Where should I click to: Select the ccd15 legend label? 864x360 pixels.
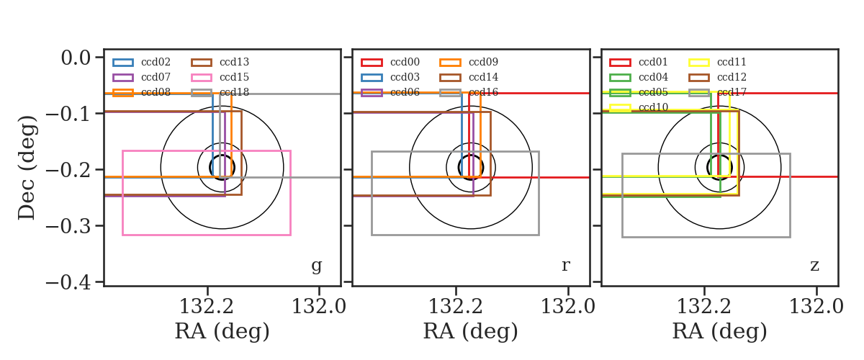pyautogui.click(x=234, y=77)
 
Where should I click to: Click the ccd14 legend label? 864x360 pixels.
pyautogui.click(x=483, y=77)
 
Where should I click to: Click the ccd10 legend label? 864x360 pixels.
pyautogui.click(x=653, y=107)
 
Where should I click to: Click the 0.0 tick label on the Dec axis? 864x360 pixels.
pyautogui.click(x=76, y=58)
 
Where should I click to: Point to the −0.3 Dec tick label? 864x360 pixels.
pyautogui.click(x=68, y=226)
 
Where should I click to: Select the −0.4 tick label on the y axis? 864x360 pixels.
pyautogui.click(x=68, y=282)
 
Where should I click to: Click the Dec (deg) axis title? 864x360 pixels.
pyautogui.click(x=27, y=168)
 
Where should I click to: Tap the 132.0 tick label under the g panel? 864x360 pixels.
pyautogui.click(x=318, y=307)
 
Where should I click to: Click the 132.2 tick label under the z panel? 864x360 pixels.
pyautogui.click(x=704, y=307)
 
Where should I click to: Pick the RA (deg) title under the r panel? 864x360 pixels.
pyautogui.click(x=471, y=331)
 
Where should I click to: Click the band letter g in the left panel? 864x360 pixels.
pyautogui.click(x=316, y=266)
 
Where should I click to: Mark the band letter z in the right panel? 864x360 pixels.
pyautogui.click(x=814, y=266)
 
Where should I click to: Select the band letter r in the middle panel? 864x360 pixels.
pyautogui.click(x=565, y=266)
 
